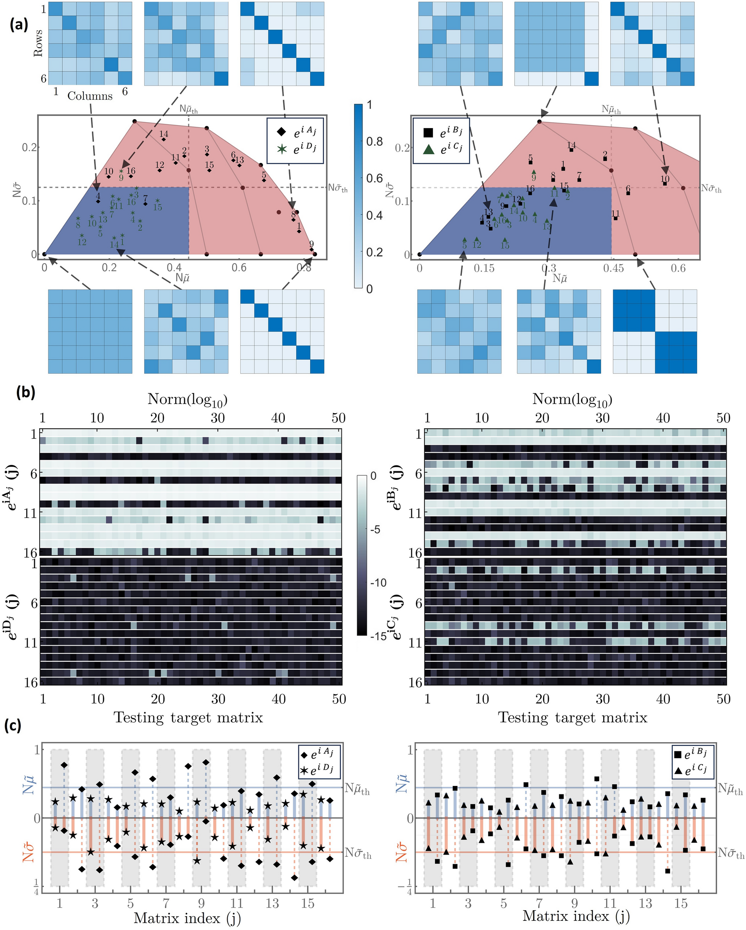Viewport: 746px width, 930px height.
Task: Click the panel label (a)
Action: point(19,25)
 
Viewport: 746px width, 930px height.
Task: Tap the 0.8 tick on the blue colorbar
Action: point(374,142)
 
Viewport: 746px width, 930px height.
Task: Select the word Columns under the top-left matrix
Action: point(90,96)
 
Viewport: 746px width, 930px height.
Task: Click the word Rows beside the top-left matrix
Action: point(38,43)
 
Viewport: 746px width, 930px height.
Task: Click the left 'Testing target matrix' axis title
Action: point(188,717)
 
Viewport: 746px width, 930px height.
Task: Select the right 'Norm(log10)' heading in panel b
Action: point(572,400)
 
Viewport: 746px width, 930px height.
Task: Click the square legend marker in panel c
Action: point(677,755)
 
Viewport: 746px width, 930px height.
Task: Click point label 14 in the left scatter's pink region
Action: point(164,134)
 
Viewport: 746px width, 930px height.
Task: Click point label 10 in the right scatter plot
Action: point(665,179)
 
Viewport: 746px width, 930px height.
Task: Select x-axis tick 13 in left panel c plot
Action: point(272,903)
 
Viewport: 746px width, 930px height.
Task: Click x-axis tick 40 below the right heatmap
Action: point(663,699)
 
